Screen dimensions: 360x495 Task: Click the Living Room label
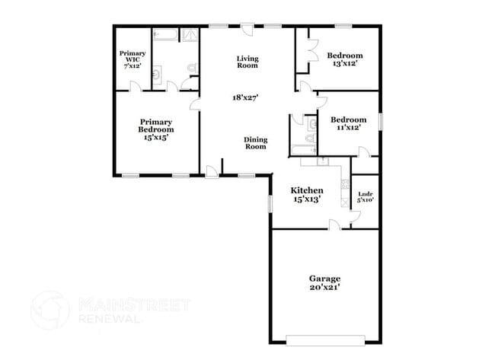(x=247, y=62)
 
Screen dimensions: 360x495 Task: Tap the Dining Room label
(x=255, y=142)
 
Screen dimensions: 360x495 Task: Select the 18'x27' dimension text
(x=247, y=97)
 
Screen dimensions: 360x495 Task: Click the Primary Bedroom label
(x=155, y=125)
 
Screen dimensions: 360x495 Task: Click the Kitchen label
(x=308, y=190)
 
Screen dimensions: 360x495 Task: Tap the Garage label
(x=324, y=278)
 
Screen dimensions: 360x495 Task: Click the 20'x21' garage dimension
(x=324, y=288)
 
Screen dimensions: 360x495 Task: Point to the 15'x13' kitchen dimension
(x=308, y=199)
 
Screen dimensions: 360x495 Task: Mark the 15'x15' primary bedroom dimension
(x=155, y=138)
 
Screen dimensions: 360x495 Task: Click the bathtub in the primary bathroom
(x=165, y=35)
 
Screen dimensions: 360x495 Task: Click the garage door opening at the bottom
(x=325, y=339)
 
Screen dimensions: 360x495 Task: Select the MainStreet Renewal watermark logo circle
(x=49, y=310)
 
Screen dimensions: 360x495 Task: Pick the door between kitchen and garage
(x=334, y=225)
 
